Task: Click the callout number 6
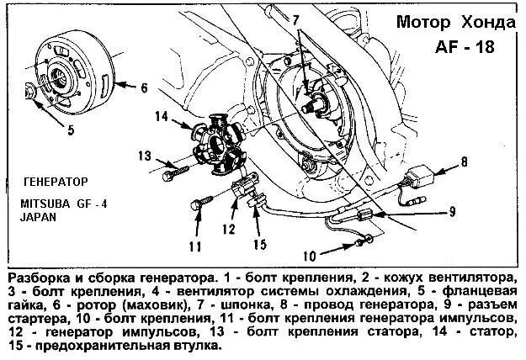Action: [x=144, y=87]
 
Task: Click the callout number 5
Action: [x=70, y=130]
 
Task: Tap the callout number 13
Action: [x=144, y=156]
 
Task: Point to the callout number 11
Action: [x=196, y=246]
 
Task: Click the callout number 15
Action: [x=260, y=245]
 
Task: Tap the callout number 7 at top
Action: [x=295, y=19]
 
